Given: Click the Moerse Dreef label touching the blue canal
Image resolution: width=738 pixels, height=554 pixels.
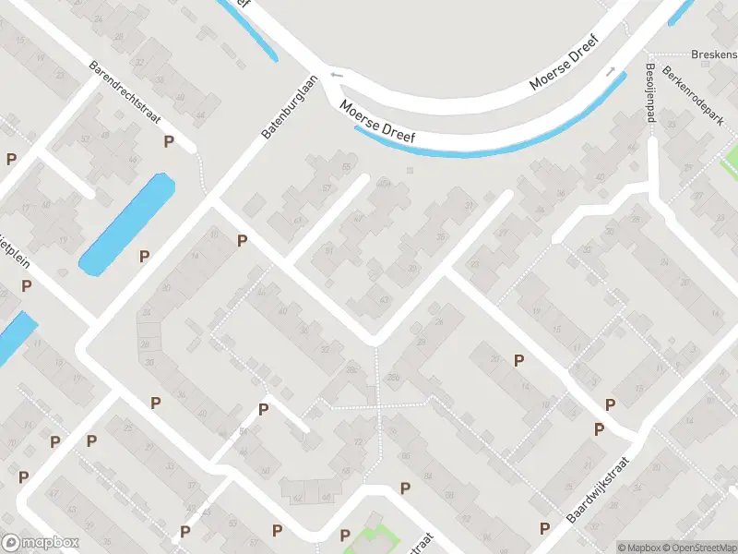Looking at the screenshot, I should click(377, 122).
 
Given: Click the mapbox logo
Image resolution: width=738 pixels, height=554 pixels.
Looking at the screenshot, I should click(42, 543).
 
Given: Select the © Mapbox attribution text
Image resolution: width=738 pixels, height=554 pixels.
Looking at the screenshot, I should click(638, 548).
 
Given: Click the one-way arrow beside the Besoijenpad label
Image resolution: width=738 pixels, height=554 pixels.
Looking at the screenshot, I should click(611, 72).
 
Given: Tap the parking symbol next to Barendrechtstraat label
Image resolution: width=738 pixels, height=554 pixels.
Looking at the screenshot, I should click(169, 141).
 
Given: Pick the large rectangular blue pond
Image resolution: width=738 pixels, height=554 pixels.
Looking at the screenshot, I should click(127, 224).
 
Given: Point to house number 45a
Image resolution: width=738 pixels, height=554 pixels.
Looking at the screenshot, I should click(382, 183).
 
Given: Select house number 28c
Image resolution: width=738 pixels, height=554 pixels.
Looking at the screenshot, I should click(351, 369).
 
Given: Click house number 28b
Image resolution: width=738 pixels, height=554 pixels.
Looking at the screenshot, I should click(394, 377).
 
